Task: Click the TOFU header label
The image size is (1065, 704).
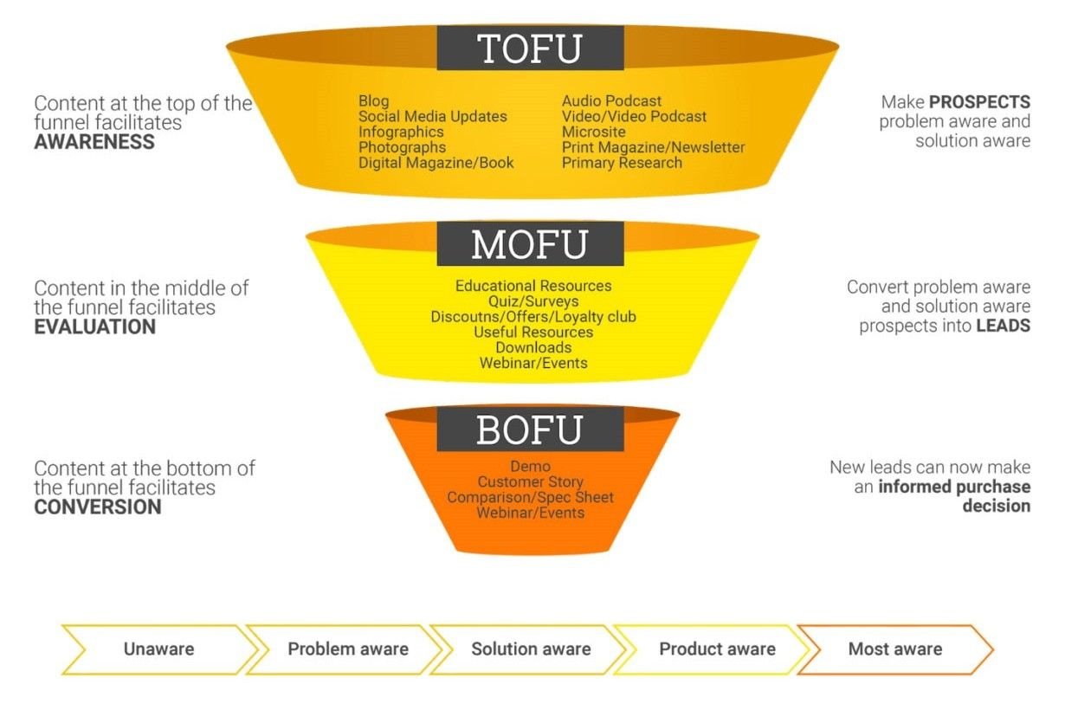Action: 530,48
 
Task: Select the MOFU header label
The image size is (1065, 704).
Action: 530,243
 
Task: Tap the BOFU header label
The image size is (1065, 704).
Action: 530,429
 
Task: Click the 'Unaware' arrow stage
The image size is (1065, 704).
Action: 158,649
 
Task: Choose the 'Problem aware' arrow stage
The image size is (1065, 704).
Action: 348,649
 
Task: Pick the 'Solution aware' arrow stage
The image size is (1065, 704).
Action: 531,649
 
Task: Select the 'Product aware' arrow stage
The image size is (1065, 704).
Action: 717,649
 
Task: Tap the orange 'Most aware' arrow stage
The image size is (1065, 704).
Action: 895,649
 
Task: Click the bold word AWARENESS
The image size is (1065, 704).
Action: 94,142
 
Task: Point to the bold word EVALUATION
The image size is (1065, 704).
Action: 95,326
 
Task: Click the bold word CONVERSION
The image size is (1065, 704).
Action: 98,507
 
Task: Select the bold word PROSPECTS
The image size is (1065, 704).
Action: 980,101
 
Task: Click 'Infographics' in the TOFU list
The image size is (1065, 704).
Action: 401,132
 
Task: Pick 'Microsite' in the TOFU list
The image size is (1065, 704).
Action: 593,132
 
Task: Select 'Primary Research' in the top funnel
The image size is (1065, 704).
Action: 622,163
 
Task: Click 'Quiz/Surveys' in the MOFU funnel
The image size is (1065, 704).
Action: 533,301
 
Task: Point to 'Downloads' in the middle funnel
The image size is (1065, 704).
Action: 533,348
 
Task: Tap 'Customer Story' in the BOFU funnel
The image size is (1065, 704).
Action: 530,481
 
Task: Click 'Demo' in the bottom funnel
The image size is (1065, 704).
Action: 530,467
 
